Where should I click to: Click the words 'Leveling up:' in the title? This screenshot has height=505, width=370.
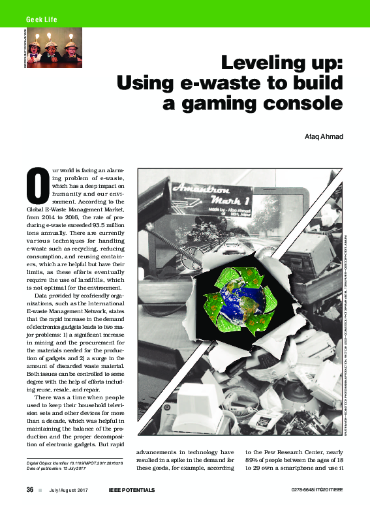pyautogui.click(x=282, y=65)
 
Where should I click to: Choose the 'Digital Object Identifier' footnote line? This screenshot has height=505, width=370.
pyautogui.click(x=73, y=462)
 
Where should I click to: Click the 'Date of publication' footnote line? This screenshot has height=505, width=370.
pyautogui.click(x=57, y=468)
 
